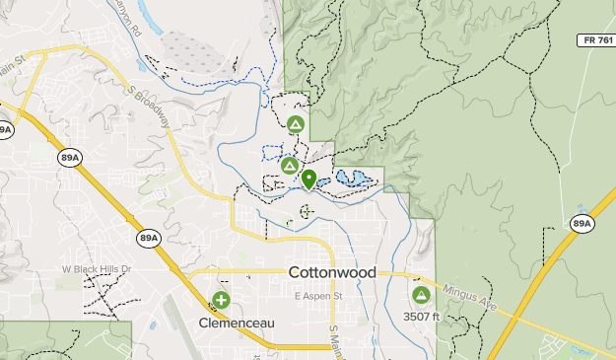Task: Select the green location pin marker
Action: coord(308,180)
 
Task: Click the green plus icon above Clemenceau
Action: coord(222,300)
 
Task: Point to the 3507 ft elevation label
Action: coord(421,317)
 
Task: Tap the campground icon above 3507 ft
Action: coord(421,294)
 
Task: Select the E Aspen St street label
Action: coord(317,295)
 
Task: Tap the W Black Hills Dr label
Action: coord(96,268)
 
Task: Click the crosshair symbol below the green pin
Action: coord(306,210)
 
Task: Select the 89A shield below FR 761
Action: coord(582,225)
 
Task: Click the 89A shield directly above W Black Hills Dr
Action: coord(149,238)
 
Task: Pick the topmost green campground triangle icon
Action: coord(295,124)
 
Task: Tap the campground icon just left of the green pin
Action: coord(289,165)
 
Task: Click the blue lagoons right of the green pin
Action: coord(352,180)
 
